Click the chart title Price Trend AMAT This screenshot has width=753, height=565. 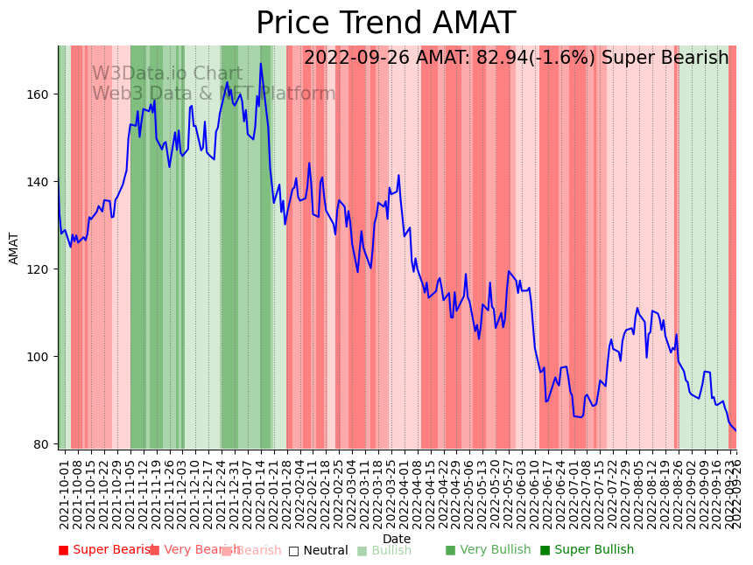click(x=385, y=24)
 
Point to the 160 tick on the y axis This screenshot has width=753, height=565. click(x=40, y=94)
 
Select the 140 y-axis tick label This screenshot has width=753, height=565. click(x=40, y=182)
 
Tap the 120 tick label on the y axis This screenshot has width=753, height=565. click(x=40, y=269)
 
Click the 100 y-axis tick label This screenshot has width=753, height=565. click(x=40, y=357)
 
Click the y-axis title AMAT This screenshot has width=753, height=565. click(x=14, y=248)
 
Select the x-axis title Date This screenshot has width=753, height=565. click(x=397, y=539)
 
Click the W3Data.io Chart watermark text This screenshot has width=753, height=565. click(x=167, y=74)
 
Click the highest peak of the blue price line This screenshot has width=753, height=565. click(x=260, y=64)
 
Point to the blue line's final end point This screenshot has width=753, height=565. click(x=735, y=430)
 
